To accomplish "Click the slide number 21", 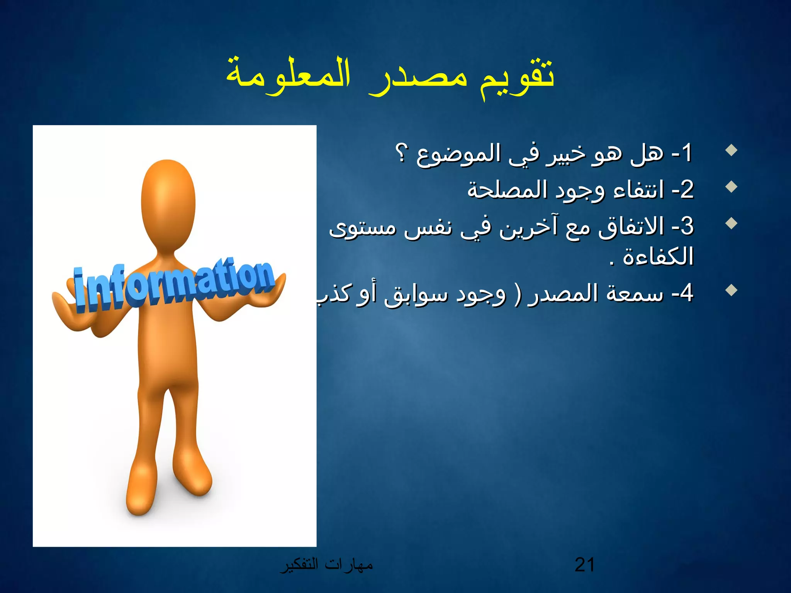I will click(584, 565).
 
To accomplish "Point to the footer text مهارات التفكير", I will click(326, 565).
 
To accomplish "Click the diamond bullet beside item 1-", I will click(731, 150).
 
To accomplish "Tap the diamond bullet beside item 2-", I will click(731, 187).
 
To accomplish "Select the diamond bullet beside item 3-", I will click(731, 223).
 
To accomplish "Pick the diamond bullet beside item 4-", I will click(731, 290).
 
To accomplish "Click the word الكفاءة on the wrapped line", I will click(658, 257).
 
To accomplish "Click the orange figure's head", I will click(168, 201).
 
